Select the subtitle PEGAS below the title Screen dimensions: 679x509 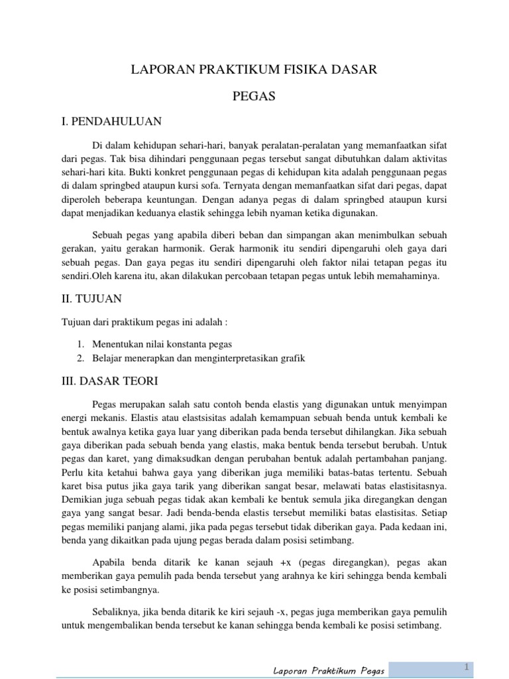[254, 96]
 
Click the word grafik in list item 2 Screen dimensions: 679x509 [289, 358]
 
